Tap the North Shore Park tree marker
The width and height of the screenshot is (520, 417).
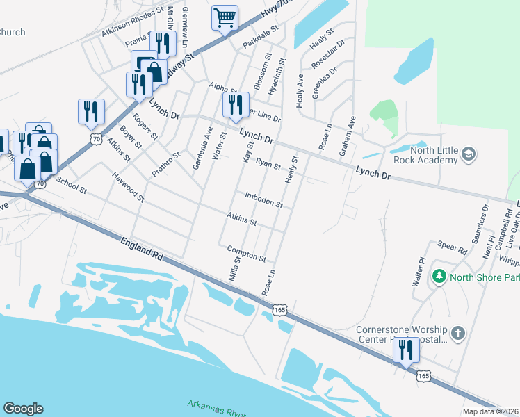(439, 277)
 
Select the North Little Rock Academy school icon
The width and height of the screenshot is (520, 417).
(469, 153)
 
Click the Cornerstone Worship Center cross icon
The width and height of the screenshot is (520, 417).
(457, 333)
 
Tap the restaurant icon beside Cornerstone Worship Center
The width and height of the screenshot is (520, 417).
(406, 350)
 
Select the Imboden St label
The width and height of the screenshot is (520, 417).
(263, 201)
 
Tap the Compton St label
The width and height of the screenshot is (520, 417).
(246, 254)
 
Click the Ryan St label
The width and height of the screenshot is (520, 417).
(268, 164)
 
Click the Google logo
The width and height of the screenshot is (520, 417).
(23, 409)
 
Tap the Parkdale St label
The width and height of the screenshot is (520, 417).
(260, 38)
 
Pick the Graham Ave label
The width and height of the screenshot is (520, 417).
(352, 131)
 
